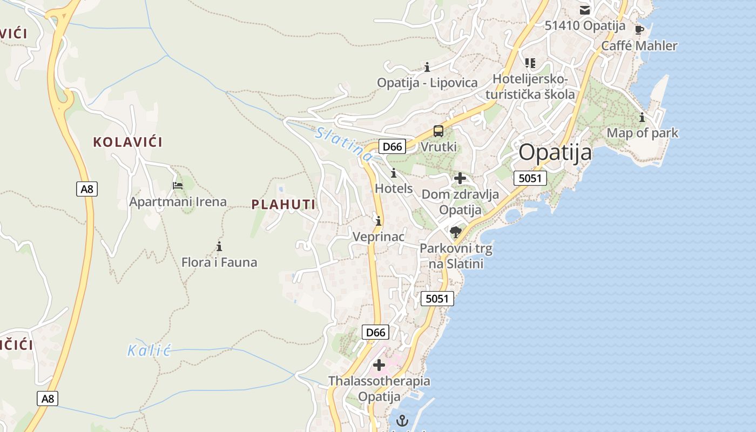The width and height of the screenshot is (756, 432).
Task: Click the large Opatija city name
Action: (555, 153)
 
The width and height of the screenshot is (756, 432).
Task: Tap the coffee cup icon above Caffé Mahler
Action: (639, 30)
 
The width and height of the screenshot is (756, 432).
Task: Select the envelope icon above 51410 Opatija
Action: (584, 10)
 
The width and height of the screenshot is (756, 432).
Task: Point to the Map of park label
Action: (642, 133)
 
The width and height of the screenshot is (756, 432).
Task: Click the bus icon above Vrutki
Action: (438, 131)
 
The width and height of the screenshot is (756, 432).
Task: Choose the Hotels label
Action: (394, 188)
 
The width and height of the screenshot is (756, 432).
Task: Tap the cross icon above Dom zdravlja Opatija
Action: (460, 178)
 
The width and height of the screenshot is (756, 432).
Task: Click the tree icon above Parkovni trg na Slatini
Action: (456, 232)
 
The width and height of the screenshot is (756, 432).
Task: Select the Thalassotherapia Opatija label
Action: (379, 388)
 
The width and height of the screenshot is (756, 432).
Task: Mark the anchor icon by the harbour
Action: (402, 420)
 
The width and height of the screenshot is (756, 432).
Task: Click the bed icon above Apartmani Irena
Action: (178, 185)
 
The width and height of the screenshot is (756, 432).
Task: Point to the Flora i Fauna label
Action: (219, 262)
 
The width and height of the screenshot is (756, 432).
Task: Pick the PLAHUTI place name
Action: (283, 204)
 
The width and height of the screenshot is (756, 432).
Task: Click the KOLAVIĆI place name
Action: (127, 142)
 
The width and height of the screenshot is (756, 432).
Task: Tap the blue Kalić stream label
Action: (149, 350)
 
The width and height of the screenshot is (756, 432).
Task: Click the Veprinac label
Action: (378, 237)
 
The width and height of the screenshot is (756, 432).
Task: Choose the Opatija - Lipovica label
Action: (427, 83)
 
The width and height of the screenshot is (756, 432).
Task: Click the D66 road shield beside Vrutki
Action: (392, 146)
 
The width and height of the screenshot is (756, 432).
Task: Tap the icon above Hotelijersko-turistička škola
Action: (530, 63)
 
